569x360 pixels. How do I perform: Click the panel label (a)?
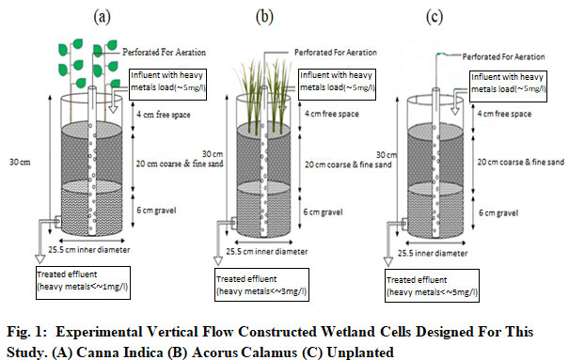coord(102,17)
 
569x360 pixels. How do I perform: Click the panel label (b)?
coord(264,17)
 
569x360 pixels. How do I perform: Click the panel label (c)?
coord(435,17)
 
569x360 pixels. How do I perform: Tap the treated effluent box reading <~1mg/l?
coord(83,283)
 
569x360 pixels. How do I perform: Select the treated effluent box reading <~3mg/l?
coord(261,285)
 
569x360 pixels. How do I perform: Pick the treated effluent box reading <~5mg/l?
coord(432,286)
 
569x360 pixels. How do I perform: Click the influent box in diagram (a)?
coord(168,85)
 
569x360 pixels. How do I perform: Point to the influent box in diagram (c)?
coord(508,86)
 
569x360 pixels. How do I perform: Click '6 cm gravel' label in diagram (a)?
coord(156,211)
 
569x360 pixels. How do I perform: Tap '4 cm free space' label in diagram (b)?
coord(332,114)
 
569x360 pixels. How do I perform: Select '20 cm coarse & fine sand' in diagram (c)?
coord(521,162)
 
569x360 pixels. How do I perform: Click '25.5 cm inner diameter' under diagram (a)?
coord(89,250)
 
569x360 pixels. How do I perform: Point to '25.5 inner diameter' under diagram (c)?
coord(433,253)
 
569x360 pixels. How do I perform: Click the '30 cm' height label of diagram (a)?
coord(20,162)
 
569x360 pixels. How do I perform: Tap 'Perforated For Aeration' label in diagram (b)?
coord(336,53)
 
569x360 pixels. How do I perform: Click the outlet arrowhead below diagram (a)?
coord(40,258)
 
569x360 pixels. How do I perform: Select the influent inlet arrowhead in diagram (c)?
coord(455,111)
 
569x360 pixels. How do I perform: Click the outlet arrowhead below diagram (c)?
coord(388,261)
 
